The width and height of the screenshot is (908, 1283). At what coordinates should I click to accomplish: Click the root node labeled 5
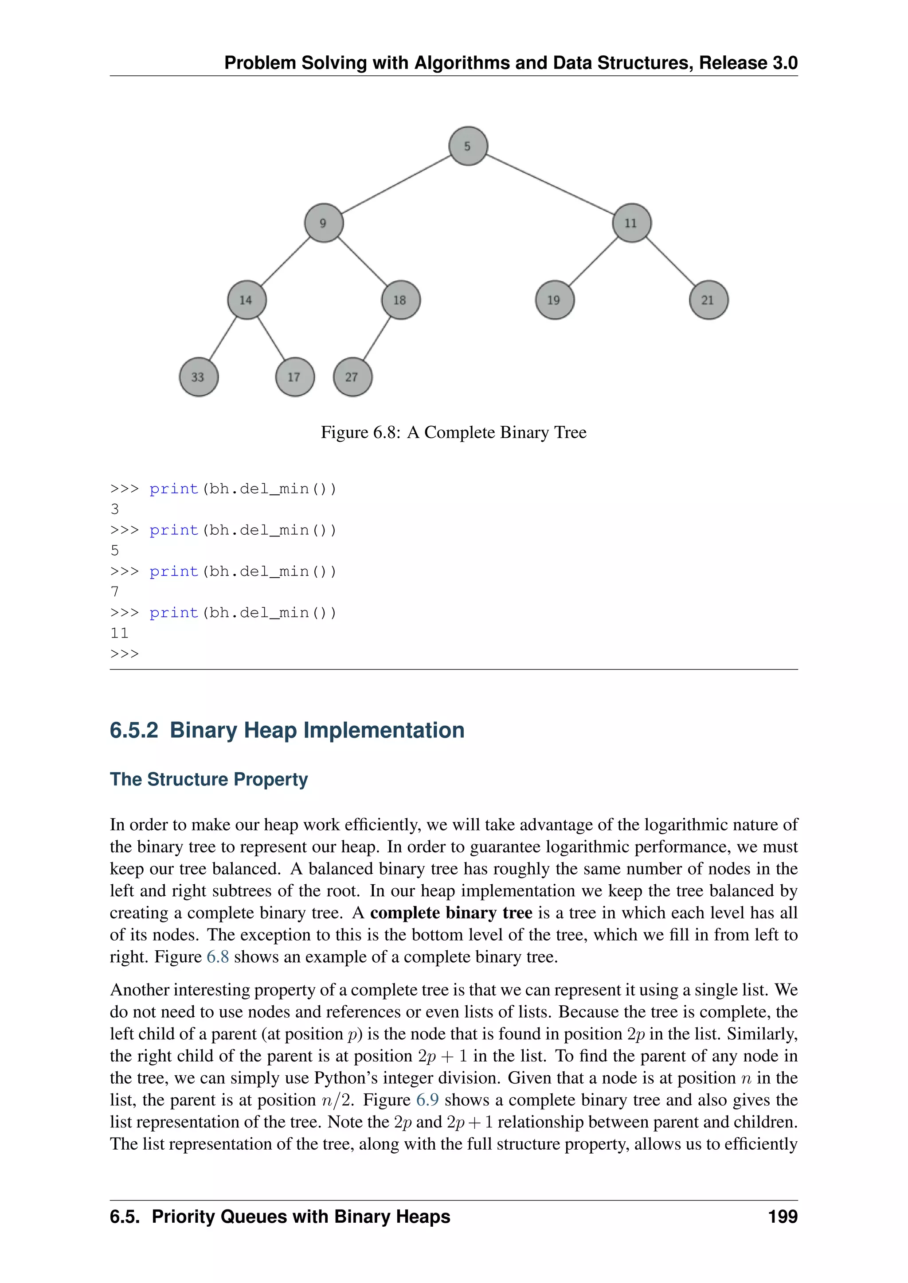pyautogui.click(x=468, y=146)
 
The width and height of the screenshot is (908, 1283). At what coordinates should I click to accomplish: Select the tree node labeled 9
pyautogui.click(x=324, y=223)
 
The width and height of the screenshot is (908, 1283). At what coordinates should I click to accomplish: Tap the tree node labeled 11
pyautogui.click(x=632, y=223)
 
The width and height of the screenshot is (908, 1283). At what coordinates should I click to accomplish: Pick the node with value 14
pyautogui.click(x=247, y=300)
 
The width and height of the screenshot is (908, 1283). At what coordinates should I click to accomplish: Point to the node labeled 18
pyautogui.click(x=400, y=300)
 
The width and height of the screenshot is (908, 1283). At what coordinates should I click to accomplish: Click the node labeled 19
pyautogui.click(x=555, y=300)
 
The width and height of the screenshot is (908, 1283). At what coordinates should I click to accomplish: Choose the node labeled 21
pyautogui.click(x=708, y=300)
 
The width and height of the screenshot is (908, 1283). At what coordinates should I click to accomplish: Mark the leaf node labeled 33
pyautogui.click(x=199, y=377)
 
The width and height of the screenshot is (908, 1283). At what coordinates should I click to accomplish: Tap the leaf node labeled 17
pyautogui.click(x=295, y=377)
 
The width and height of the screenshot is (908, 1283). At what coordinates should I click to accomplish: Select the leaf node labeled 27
pyautogui.click(x=352, y=377)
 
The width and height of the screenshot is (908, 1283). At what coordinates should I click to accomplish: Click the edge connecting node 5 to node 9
pyautogui.click(x=396, y=184)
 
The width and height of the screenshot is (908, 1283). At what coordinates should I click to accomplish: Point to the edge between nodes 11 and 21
pyautogui.click(x=670, y=261)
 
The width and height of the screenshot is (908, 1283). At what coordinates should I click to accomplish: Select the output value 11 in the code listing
pyautogui.click(x=120, y=633)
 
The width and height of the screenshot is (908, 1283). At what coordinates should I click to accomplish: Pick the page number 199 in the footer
pyautogui.click(x=783, y=1217)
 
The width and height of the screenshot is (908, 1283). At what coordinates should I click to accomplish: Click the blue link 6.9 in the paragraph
pyautogui.click(x=427, y=1100)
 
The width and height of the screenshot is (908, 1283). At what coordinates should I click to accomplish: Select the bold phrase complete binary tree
pyautogui.click(x=450, y=913)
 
